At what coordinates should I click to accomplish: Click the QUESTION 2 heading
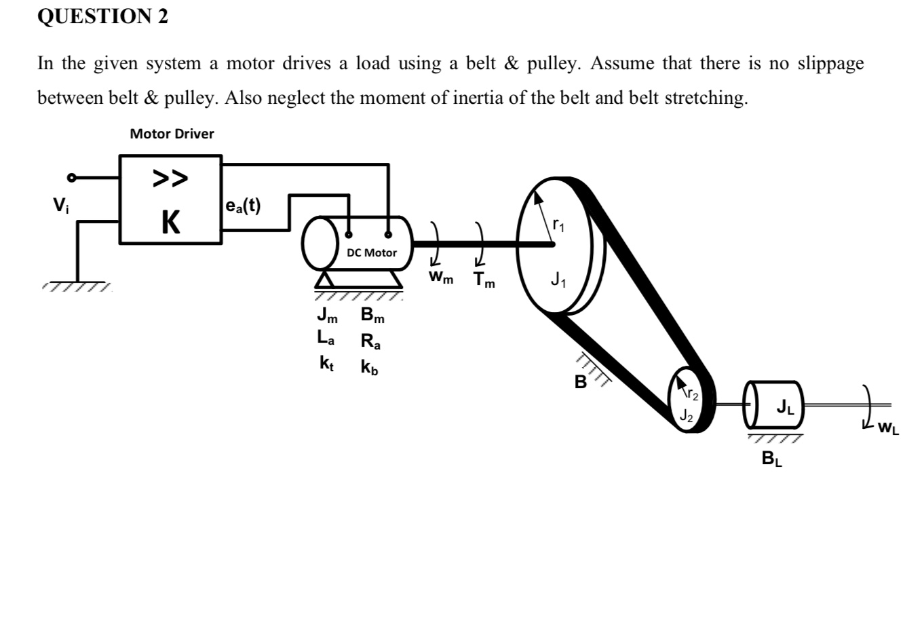(102, 17)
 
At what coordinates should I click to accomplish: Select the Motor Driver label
(172, 134)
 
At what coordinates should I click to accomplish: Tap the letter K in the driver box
(170, 222)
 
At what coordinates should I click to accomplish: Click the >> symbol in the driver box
(170, 178)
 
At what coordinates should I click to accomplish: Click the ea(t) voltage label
(243, 206)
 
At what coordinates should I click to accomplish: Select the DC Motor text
(372, 252)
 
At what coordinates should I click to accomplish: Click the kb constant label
(370, 367)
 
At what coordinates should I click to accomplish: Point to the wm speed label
(441, 278)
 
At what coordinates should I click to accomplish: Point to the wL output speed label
(888, 428)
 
